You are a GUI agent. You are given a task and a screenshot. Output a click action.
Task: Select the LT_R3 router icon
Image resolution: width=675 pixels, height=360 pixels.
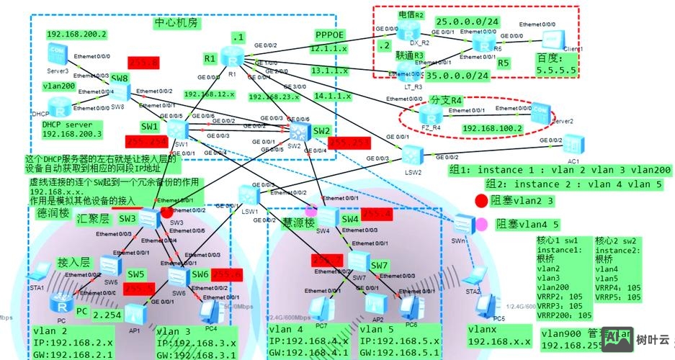tap(410, 69)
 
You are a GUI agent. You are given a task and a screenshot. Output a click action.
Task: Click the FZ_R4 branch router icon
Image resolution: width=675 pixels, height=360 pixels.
tap(431, 116)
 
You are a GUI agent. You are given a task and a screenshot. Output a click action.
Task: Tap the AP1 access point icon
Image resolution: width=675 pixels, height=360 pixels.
tap(133, 312)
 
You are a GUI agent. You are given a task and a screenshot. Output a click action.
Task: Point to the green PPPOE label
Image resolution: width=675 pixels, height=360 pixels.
tap(331, 35)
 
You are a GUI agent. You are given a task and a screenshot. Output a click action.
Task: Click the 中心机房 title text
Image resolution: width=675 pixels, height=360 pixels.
tap(177, 22)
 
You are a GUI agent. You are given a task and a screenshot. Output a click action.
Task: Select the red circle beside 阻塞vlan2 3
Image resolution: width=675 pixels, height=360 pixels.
tap(480, 200)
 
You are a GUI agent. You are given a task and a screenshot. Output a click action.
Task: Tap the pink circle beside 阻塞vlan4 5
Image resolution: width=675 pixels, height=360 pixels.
tap(480, 224)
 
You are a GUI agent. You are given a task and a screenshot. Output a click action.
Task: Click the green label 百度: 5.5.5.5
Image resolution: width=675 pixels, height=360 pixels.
tap(556, 64)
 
